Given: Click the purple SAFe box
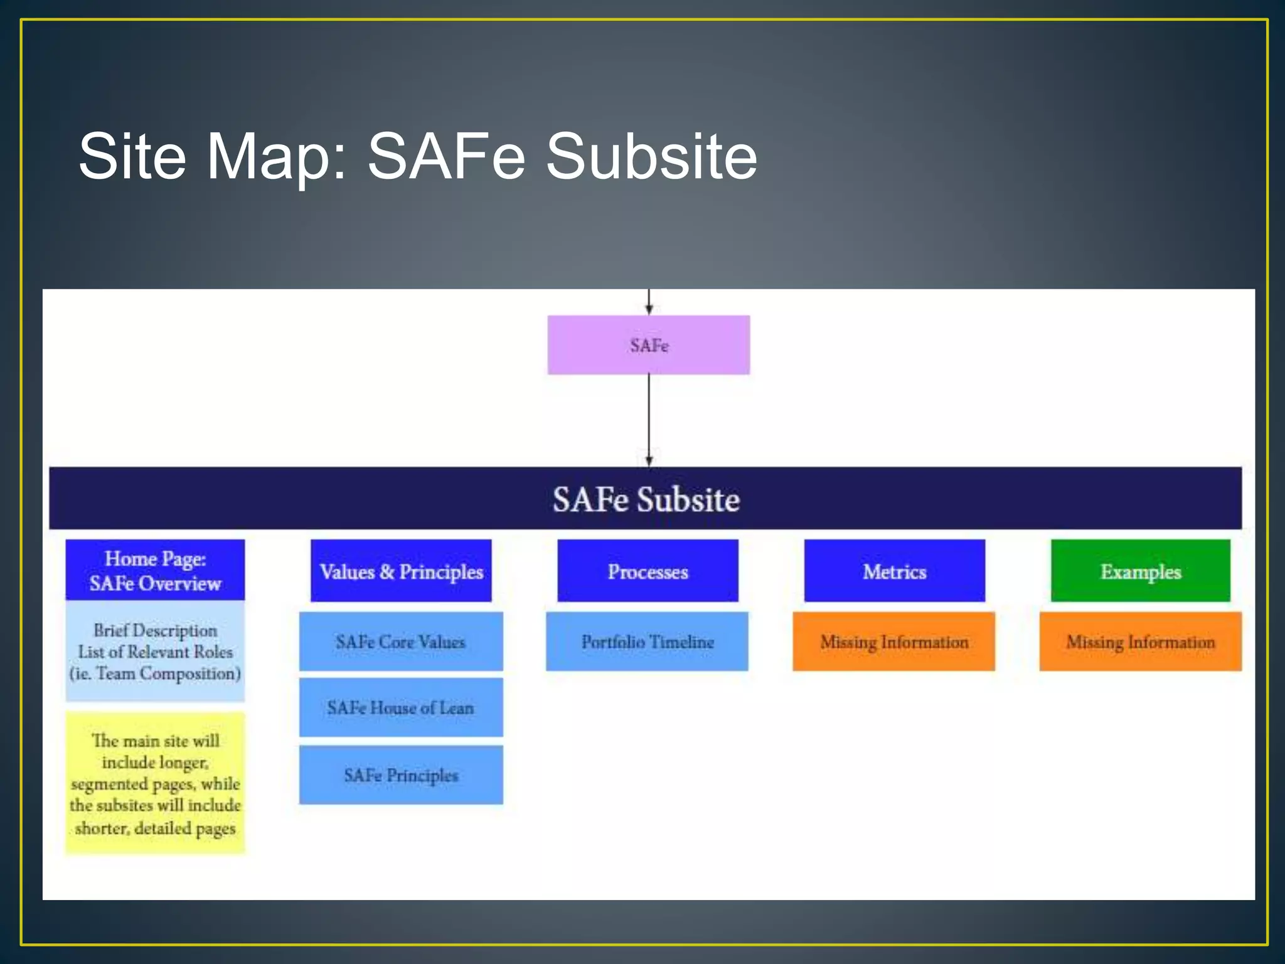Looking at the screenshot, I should tap(648, 345).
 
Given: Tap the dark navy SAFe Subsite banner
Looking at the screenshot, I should tap(645, 499).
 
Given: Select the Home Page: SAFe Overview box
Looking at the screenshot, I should tap(155, 570).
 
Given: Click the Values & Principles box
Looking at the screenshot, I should tap(401, 571).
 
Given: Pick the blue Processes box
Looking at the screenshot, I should tap(648, 571).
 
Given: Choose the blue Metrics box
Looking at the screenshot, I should tap(894, 571).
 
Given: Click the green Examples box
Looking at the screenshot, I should tap(1140, 571).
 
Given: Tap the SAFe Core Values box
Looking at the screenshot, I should tap(401, 641).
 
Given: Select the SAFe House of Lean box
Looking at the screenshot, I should tap(401, 707).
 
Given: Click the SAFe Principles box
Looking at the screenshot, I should tap(401, 775).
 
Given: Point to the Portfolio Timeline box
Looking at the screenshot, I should tap(647, 641).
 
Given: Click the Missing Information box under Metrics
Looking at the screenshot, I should tap(893, 641).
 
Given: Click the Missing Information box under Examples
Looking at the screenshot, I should tap(1140, 641).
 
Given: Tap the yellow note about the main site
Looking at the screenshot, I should tap(155, 783).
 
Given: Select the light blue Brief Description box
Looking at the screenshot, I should tap(155, 651).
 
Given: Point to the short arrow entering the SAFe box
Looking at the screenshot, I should tap(649, 302).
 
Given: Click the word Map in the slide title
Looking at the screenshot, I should tap(276, 157).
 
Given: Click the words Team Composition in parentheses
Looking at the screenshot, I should tap(168, 674).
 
